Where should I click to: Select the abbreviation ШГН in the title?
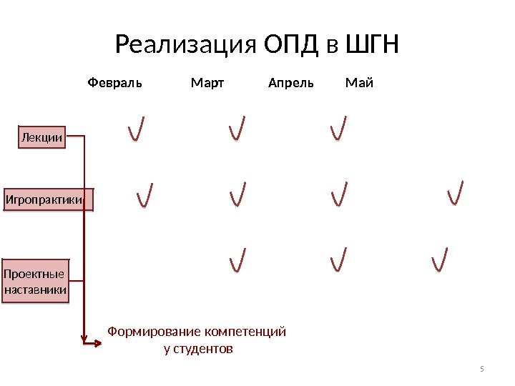click(x=371, y=47)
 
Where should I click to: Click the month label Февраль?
click(x=114, y=83)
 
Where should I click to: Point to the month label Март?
click(x=207, y=83)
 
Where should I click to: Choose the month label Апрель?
click(x=290, y=83)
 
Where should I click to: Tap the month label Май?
click(x=359, y=83)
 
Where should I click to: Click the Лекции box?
click(x=41, y=137)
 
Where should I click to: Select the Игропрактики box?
click(x=49, y=199)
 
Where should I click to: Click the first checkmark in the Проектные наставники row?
click(x=237, y=260)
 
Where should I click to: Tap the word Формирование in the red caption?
click(x=154, y=332)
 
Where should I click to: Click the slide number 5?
click(x=482, y=369)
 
